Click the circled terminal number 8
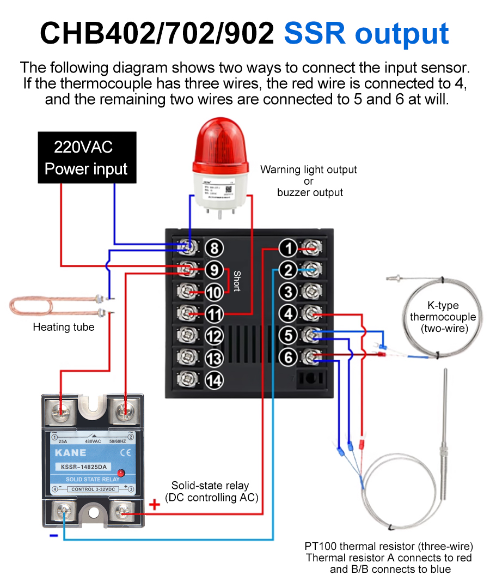tap(215, 249)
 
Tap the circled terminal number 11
tap(215, 314)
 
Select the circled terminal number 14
tap(215, 379)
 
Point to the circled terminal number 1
tap(288, 249)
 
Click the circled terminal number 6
tap(288, 357)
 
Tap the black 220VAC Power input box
tap(87, 158)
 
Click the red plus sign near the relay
tap(155, 505)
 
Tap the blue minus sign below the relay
tap(53, 536)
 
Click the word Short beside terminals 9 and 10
tap(237, 281)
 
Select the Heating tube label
tap(64, 328)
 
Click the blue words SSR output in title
tap(366, 34)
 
